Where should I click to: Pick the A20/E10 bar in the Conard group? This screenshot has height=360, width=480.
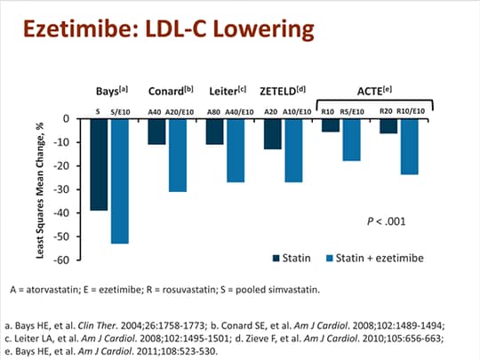pyautogui.click(x=178, y=155)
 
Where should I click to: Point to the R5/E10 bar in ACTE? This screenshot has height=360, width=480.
pyautogui.click(x=352, y=140)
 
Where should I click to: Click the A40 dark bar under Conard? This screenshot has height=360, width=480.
pyautogui.click(x=156, y=132)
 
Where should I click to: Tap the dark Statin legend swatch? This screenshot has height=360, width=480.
pyautogui.click(x=276, y=258)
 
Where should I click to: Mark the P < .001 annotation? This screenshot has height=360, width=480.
pyautogui.click(x=387, y=219)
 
